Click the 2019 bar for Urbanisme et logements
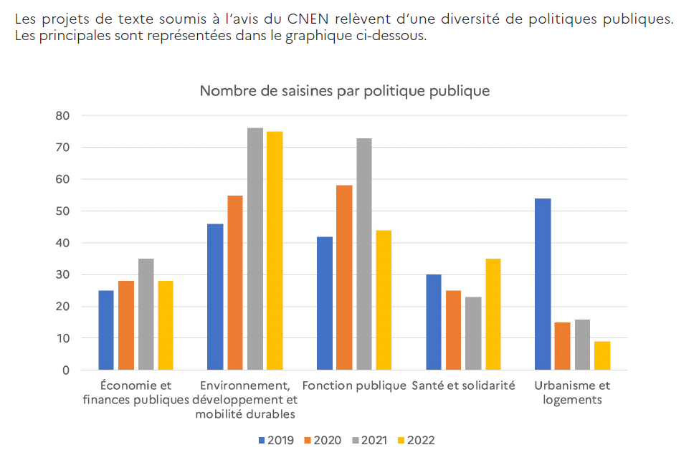(543, 284)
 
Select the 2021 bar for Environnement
(255, 249)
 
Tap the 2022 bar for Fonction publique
(384, 300)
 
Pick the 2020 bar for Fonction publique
(344, 278)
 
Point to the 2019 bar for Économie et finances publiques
(106, 330)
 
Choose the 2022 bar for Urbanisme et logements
(602, 355)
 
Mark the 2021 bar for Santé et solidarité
(473, 333)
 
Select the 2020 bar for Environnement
(235, 282)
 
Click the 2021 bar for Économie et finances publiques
(146, 315)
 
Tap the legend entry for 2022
(415, 440)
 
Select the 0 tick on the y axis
(66, 370)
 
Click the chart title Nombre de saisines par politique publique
(345, 91)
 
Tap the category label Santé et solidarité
(463, 385)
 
